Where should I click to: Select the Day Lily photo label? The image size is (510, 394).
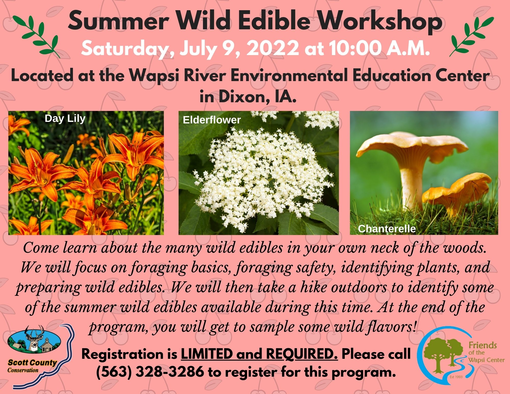tap(65, 119)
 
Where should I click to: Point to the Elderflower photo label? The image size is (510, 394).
tap(212, 120)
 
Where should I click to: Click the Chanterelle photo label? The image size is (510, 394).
tap(387, 229)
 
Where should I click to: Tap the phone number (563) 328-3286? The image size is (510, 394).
tap(150, 372)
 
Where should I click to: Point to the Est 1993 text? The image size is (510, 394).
tap(456, 377)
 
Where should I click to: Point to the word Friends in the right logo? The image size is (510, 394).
tap(483, 345)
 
